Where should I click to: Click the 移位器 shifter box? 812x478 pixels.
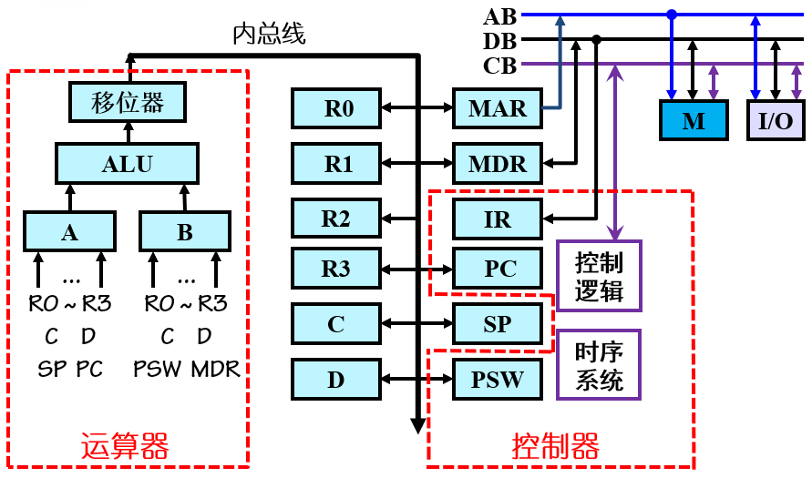click(x=128, y=102)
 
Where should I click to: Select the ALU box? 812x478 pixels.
click(x=128, y=164)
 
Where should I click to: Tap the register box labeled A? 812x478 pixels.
click(x=69, y=232)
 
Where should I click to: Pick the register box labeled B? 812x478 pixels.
click(x=185, y=232)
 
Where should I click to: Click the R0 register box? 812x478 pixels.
click(x=337, y=109)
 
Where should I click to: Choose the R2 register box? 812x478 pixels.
click(x=337, y=219)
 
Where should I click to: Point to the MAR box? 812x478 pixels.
click(x=498, y=109)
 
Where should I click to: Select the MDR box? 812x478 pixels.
click(x=498, y=165)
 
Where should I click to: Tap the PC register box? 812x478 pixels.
click(x=498, y=270)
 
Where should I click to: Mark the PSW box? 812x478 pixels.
click(x=498, y=379)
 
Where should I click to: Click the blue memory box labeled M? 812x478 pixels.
click(x=693, y=120)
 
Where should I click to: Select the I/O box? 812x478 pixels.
click(x=776, y=120)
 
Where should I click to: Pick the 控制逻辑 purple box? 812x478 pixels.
click(x=599, y=276)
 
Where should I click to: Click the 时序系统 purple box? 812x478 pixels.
click(x=599, y=365)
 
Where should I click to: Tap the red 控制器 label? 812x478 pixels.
click(x=556, y=447)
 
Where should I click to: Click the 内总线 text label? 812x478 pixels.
click(x=269, y=35)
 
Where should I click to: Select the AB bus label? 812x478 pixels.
click(x=499, y=15)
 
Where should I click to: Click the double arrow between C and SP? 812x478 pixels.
click(x=417, y=324)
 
